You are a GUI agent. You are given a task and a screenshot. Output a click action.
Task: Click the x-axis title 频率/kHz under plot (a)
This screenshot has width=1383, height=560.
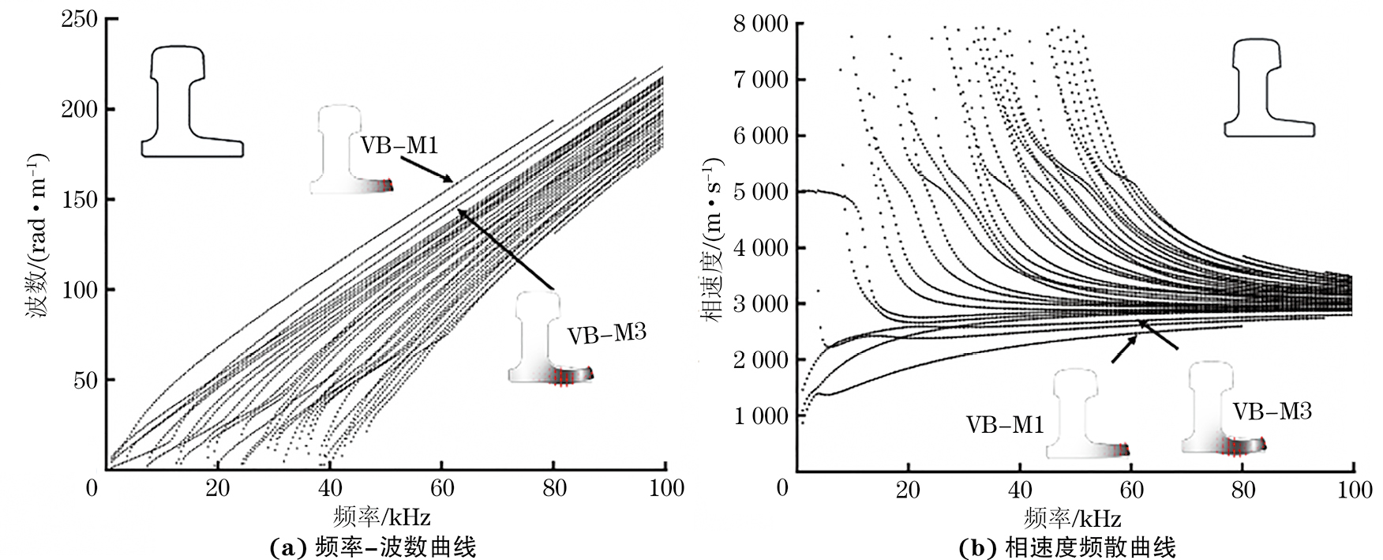click(x=382, y=516)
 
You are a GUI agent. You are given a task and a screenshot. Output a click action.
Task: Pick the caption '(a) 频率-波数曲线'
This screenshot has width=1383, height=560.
click(x=373, y=547)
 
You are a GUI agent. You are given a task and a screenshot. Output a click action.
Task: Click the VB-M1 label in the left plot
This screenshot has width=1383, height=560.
click(x=399, y=145)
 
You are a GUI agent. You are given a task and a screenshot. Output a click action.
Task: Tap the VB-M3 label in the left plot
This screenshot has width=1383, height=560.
click(x=607, y=333)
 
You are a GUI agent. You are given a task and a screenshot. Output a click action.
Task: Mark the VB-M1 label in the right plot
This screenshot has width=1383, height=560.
click(x=1005, y=424)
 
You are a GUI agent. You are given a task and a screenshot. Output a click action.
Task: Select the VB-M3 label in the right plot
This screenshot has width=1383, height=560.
click(x=1272, y=411)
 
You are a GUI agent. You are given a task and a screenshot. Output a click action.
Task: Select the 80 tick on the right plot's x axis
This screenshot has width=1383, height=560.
click(x=1242, y=487)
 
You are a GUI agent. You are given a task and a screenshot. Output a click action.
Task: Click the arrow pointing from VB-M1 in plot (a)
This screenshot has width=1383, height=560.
click(x=425, y=168)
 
